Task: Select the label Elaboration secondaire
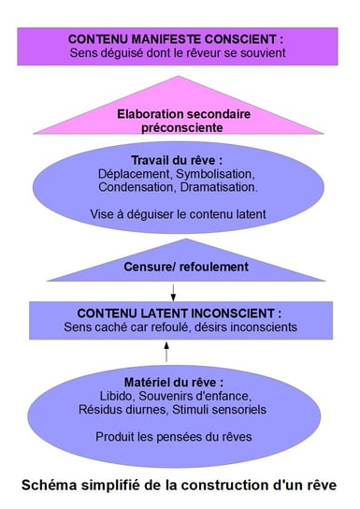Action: pos(177,114)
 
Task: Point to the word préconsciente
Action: pos(177,127)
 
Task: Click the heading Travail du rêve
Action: pos(177,160)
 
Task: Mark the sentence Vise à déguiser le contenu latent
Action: pos(177,213)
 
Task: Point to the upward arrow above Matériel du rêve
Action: pos(167,352)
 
